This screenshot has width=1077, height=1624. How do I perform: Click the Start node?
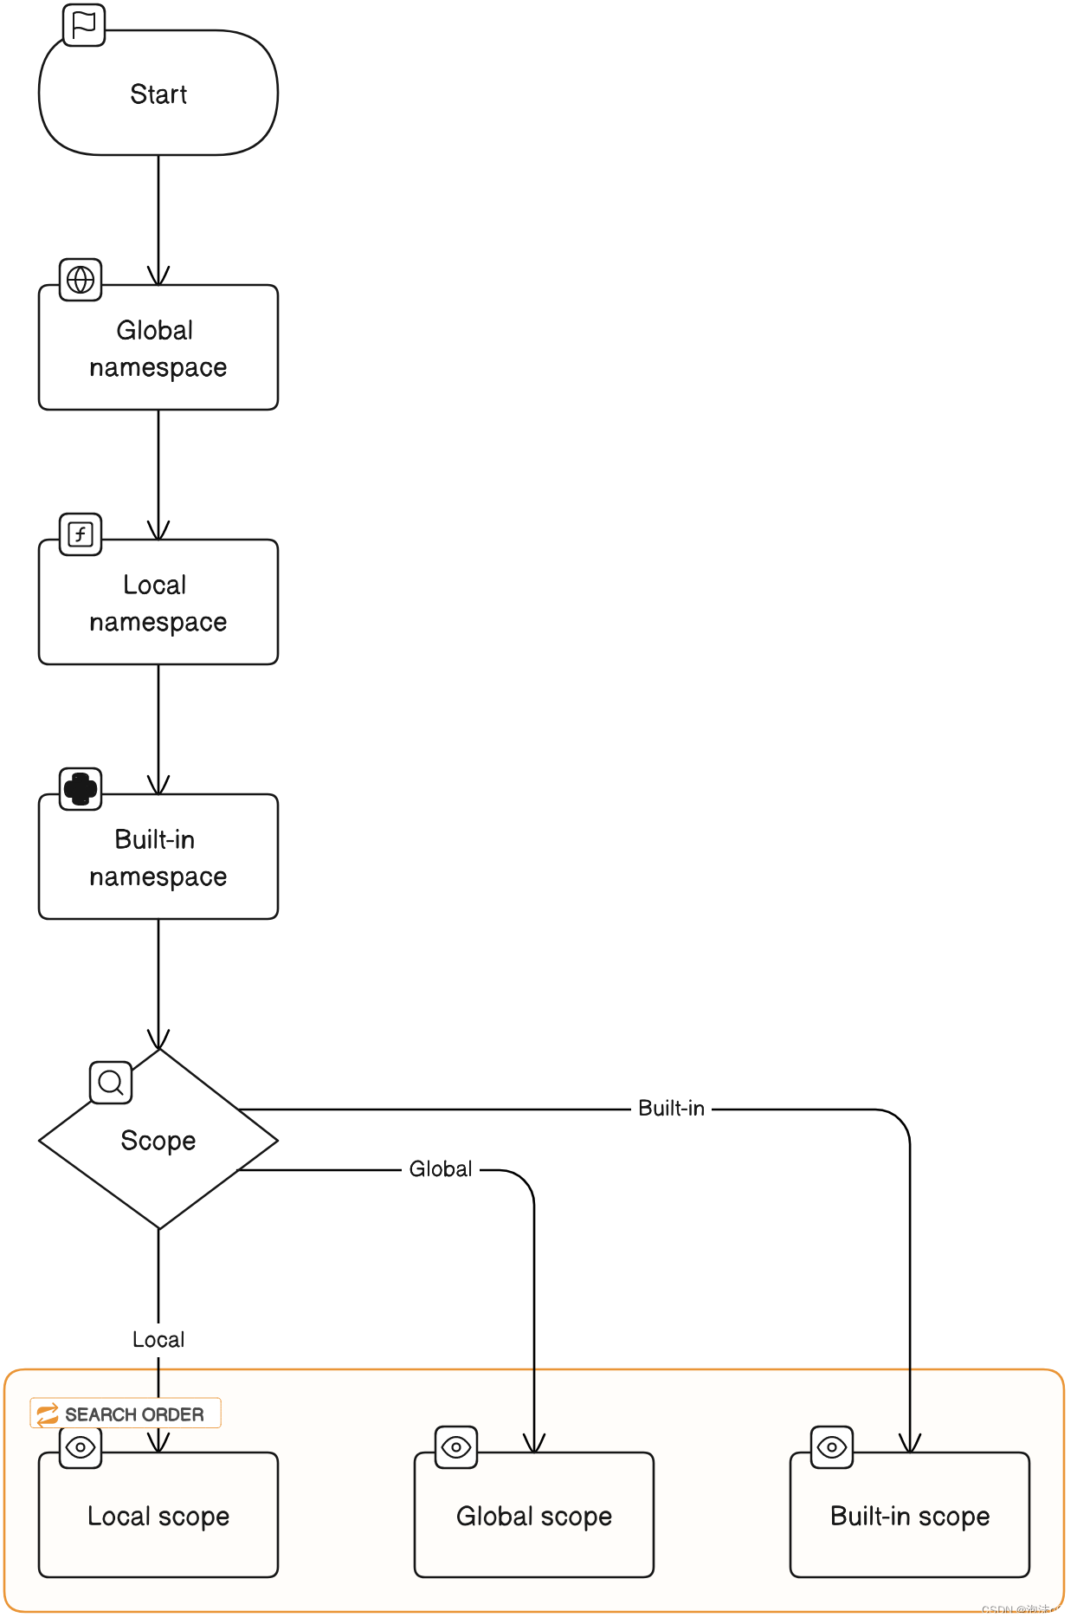pos(158,94)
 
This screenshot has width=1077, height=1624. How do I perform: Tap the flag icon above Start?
pos(84,25)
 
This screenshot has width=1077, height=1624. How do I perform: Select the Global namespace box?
pos(158,347)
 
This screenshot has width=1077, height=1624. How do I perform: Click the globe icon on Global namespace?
pos(81,280)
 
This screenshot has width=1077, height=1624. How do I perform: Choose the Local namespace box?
pos(158,603)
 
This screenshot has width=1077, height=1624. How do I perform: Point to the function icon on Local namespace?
pos(81,534)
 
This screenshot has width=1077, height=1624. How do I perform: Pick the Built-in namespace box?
pos(158,857)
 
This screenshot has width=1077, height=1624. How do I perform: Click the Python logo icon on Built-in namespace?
pos(81,789)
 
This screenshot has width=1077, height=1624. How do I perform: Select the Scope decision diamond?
pos(158,1140)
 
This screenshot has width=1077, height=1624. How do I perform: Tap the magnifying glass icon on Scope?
pos(111,1083)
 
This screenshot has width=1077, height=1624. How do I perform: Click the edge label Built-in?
pos(671,1109)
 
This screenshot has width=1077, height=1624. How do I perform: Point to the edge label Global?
pos(441,1169)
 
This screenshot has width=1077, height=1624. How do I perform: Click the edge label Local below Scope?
pos(158,1340)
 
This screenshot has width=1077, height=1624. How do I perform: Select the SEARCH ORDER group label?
pos(126,1414)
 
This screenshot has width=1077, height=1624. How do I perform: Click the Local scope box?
pos(158,1516)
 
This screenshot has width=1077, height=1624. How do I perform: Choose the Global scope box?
pos(534,1516)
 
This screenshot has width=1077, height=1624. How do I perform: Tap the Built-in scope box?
pos(910,1516)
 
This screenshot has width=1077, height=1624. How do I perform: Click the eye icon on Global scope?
pos(456,1447)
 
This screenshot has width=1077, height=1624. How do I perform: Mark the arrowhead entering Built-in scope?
pos(910,1443)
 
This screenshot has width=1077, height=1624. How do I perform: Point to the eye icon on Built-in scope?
pos(832,1447)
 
